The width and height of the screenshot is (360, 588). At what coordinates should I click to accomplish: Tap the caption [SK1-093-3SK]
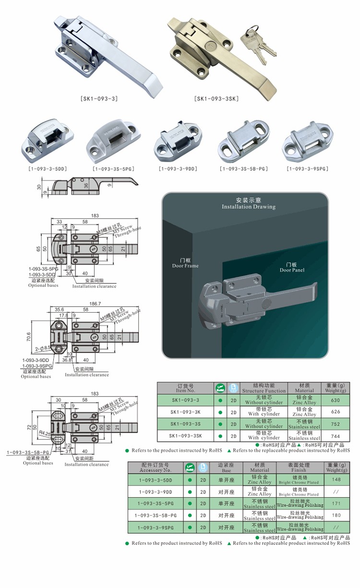(x=216, y=99)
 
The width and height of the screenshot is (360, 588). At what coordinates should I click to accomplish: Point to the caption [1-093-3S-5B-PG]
(x=243, y=169)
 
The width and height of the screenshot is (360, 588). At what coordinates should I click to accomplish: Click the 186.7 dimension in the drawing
(x=95, y=304)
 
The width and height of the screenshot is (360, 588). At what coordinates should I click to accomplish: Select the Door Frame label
(x=185, y=263)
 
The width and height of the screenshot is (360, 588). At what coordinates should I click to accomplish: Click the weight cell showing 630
(x=335, y=400)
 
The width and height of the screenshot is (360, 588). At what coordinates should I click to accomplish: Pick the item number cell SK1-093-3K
(x=185, y=412)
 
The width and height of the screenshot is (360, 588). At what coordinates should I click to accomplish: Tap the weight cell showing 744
(x=335, y=436)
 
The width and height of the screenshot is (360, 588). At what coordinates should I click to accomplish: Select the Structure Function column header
(x=264, y=388)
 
